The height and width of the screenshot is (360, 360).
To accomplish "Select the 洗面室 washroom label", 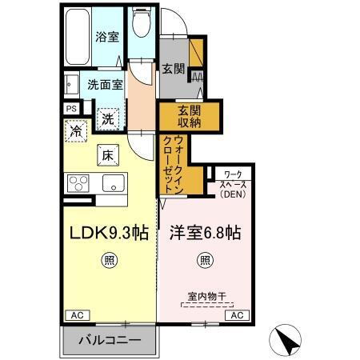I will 105,83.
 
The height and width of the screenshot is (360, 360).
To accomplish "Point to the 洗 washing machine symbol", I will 108,118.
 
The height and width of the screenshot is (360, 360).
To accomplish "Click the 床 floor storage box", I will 107,154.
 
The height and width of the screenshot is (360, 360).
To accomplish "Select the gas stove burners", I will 80,182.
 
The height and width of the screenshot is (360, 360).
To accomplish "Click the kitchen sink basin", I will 112,182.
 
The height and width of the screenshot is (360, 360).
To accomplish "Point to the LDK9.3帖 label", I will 106,234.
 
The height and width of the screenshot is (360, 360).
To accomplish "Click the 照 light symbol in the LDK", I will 106,259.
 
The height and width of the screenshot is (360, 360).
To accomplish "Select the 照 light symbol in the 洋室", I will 205,259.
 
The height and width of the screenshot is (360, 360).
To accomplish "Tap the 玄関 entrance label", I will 174,69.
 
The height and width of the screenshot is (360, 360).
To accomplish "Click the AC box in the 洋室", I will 237,315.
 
